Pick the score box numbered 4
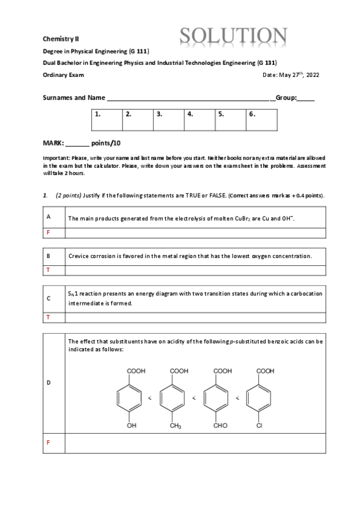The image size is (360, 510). (200, 120)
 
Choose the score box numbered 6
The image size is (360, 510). (261, 120)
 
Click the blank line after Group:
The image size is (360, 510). (305, 98)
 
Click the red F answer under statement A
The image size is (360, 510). (47, 232)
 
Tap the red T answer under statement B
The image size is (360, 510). (47, 270)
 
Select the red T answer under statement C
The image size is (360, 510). (47, 316)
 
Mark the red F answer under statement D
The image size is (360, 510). (47, 442)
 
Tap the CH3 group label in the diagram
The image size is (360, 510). (175, 426)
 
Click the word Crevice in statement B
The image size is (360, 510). (79, 256)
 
